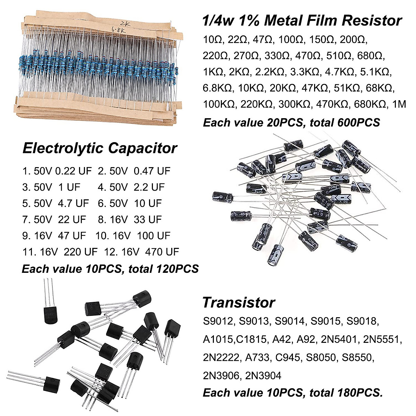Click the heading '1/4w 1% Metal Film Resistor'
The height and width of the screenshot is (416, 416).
coord(302,21)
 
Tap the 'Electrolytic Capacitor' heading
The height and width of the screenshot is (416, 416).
coord(100,148)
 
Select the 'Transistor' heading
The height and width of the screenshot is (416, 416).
coord(239,302)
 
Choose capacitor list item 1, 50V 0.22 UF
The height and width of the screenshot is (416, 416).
coord(57,171)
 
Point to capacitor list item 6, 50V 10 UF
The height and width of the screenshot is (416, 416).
coord(130,203)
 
